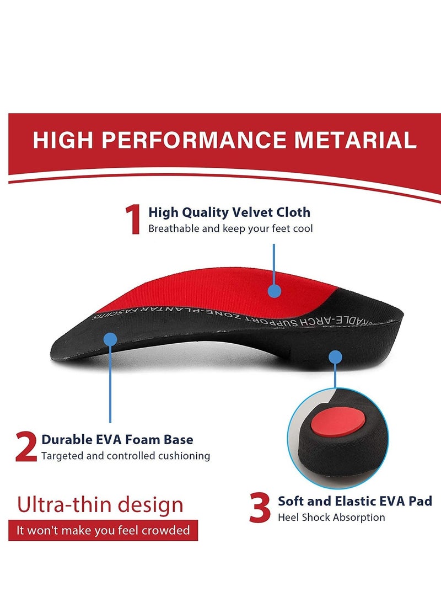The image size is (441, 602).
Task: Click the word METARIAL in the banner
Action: [x=355, y=140]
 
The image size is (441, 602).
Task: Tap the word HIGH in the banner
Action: [x=62, y=140]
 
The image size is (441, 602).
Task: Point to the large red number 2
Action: [x=26, y=447]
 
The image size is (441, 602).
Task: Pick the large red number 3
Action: [x=260, y=508]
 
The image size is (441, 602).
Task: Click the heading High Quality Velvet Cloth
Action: [x=229, y=212]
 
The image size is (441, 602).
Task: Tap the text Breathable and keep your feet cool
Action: [x=230, y=228]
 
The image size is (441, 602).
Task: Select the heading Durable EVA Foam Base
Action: [x=117, y=440]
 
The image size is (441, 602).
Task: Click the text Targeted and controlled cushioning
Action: [x=126, y=456]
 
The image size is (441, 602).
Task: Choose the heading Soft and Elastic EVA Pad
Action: [x=354, y=501]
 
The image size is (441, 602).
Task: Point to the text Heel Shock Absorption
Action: [x=331, y=518]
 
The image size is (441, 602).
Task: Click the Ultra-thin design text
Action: [x=100, y=504]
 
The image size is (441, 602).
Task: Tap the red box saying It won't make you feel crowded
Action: [x=103, y=530]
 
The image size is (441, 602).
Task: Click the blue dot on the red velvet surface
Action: [x=274, y=291]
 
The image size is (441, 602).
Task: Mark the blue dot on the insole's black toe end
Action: [x=110, y=339]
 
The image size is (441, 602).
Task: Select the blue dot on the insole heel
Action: [x=335, y=356]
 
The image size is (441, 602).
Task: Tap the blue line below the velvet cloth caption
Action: [x=274, y=262]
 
